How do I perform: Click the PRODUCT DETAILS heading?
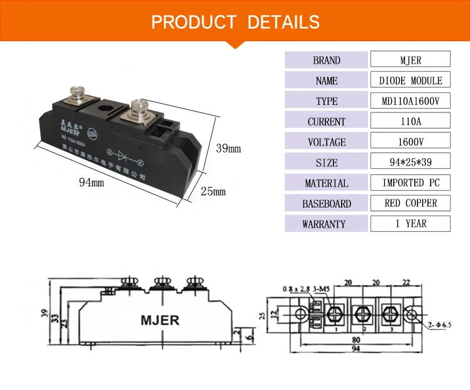pos(235,22)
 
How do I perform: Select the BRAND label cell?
pos(326,60)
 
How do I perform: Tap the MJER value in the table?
pos(410,60)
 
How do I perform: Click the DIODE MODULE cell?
pos(410,81)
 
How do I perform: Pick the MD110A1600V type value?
pos(410,101)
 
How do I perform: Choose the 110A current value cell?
pos(410,121)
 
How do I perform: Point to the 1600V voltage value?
pos(410,142)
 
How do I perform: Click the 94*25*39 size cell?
pos(410,162)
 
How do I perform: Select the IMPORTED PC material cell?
pos(410,183)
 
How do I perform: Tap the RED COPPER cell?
pos(410,203)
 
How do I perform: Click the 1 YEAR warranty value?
pos(410,224)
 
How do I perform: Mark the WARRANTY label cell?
pos(326,224)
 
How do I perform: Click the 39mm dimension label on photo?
pos(228,149)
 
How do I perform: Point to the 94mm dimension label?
pos(91,182)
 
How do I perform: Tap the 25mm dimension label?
pos(213,191)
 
